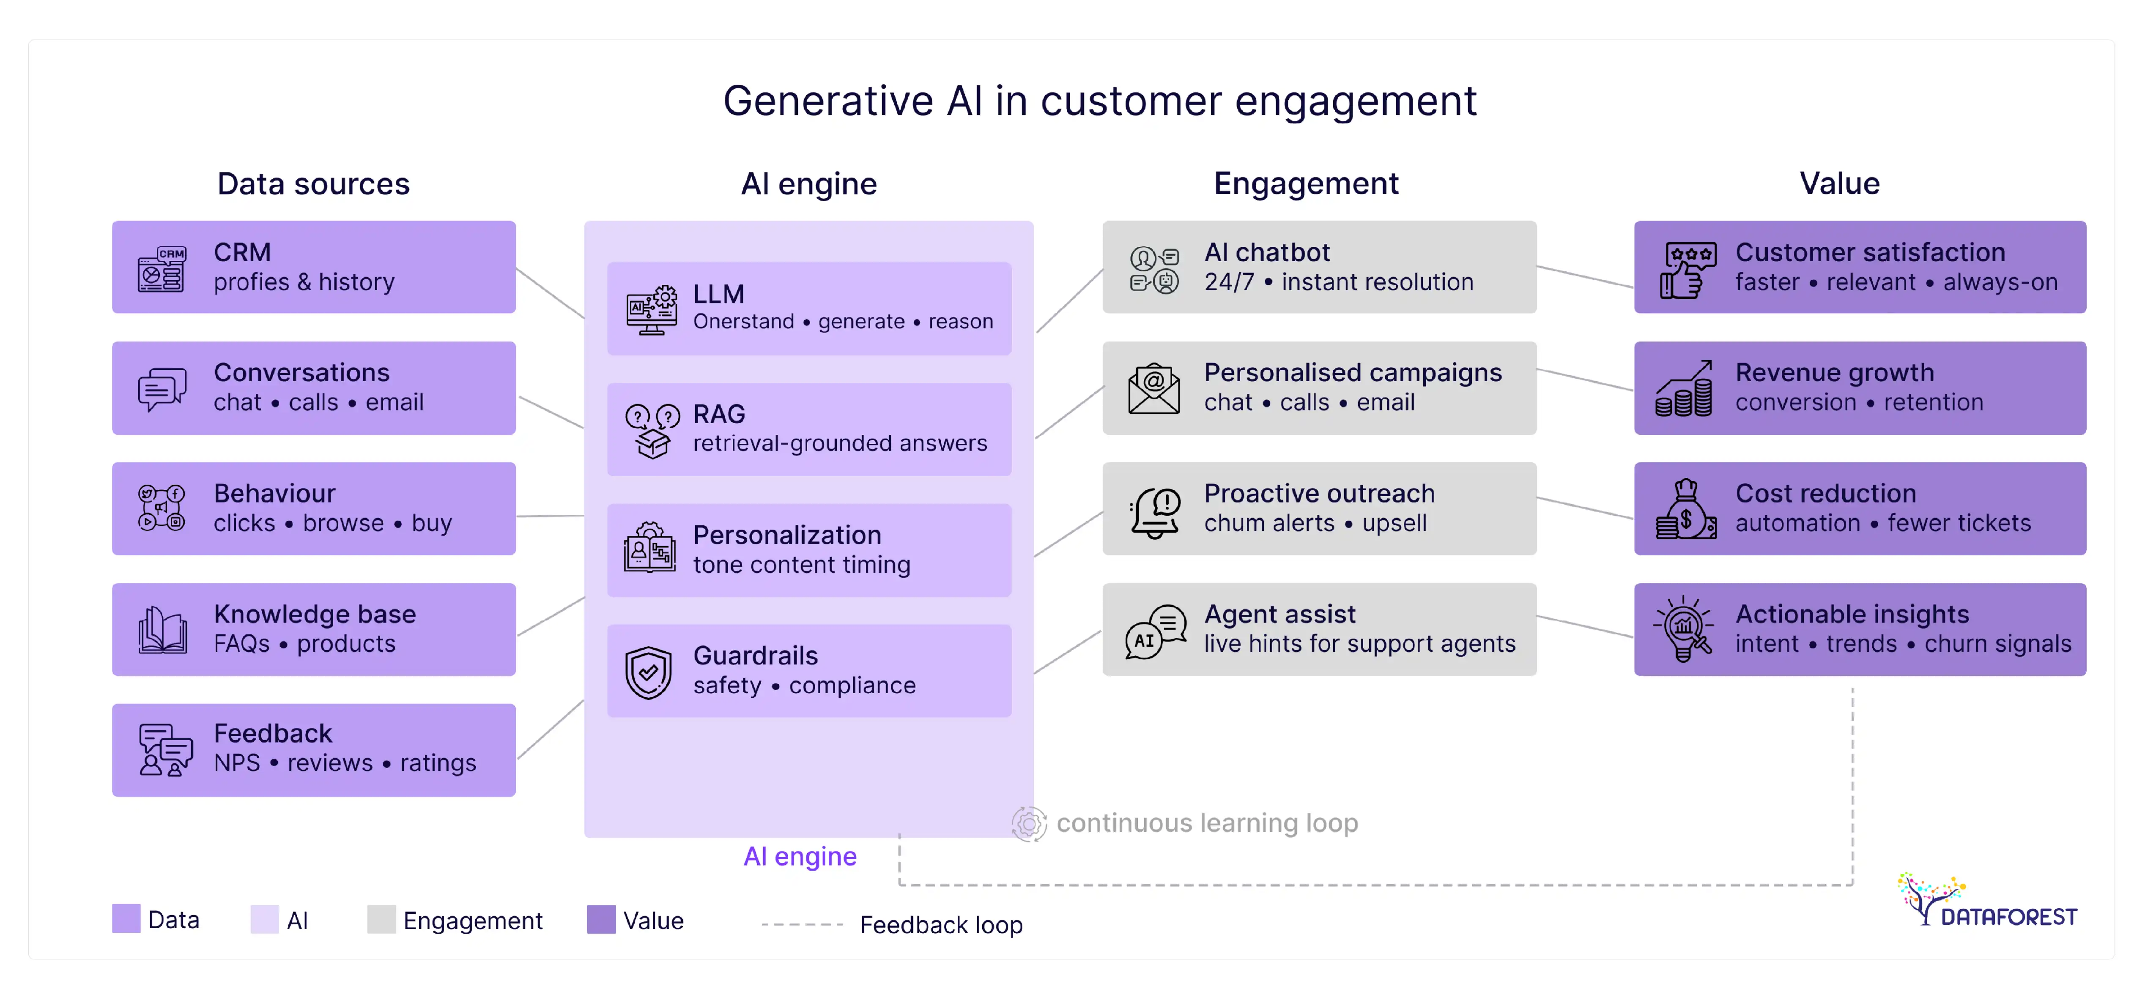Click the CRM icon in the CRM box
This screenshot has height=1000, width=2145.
pyautogui.click(x=161, y=268)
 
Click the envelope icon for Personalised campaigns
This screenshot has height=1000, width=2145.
pyautogui.click(x=1153, y=389)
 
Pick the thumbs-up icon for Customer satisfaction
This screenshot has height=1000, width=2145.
pyautogui.click(x=1685, y=270)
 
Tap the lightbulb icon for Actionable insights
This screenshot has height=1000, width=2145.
pyautogui.click(x=1684, y=628)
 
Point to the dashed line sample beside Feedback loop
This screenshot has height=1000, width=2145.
pyautogui.click(x=802, y=924)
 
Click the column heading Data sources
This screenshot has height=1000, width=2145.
pyautogui.click(x=313, y=184)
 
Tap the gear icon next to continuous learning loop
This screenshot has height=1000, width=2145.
pyautogui.click(x=1029, y=823)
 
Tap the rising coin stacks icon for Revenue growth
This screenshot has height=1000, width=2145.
pyautogui.click(x=1684, y=389)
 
